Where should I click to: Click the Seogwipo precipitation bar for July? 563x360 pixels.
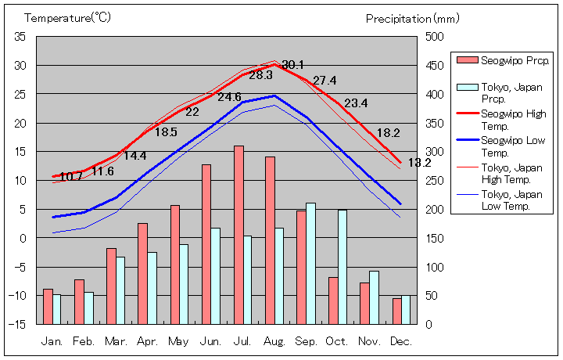point(238,234)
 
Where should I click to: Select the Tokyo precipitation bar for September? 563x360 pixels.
point(310,263)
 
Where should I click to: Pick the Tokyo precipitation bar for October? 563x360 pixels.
point(342,266)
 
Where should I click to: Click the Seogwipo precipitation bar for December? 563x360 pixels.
point(397,311)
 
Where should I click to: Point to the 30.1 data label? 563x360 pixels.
point(292,65)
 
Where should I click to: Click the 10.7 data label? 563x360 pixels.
point(71,177)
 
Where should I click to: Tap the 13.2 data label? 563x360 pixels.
point(420,164)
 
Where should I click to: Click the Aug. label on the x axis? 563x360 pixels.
point(274,342)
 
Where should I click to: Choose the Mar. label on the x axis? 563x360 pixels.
point(116,342)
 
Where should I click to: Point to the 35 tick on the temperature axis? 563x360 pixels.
point(20,37)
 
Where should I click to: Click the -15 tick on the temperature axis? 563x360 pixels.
point(19,324)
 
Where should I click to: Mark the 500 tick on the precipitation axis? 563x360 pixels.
point(435,37)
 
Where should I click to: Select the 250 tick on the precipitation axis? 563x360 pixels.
point(435,180)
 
